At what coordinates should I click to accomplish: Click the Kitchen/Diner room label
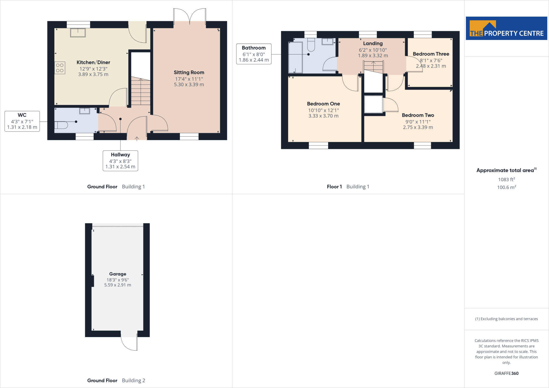[93, 62]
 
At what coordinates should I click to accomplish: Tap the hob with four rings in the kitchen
[60, 68]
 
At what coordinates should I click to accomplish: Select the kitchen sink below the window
[78, 33]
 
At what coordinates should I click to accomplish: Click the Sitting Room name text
[189, 72]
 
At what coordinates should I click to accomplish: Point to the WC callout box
[22, 121]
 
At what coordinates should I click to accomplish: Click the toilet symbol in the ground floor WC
[61, 125]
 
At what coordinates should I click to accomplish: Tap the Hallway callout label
[120, 161]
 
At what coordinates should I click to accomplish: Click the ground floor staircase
[140, 91]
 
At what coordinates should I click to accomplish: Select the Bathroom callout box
[254, 54]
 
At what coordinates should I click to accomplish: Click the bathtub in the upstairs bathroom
[295, 57]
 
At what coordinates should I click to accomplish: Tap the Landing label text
[373, 43]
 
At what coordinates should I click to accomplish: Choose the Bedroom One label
[323, 104]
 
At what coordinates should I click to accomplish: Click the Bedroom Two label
[418, 115]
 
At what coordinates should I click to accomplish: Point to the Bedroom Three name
[431, 54]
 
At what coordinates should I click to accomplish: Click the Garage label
[118, 274]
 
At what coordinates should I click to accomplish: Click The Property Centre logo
[506, 28]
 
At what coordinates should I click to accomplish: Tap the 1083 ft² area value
[506, 179]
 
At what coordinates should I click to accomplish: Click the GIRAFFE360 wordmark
[506, 373]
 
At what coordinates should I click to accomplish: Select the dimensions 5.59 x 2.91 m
[118, 285]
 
